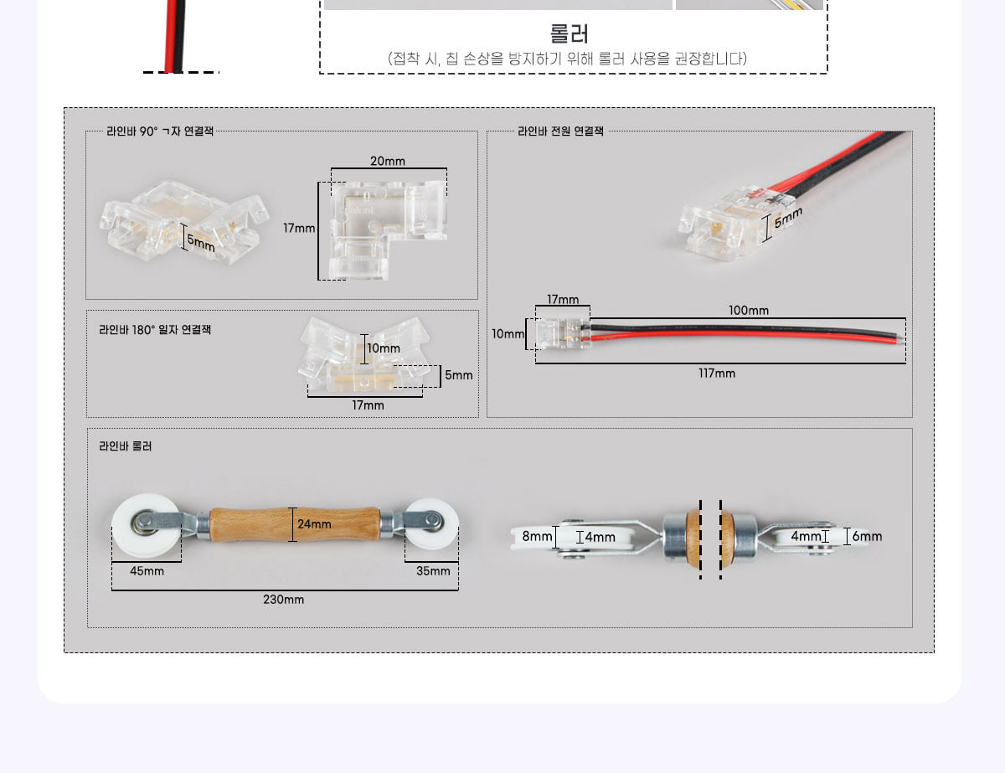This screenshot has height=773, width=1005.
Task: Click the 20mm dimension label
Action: coord(388,161)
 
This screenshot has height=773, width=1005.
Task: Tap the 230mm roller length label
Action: coord(284,599)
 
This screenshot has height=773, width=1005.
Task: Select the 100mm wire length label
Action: coord(749,310)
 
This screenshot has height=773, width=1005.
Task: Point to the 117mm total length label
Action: coord(717,373)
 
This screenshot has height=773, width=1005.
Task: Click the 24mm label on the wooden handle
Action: coord(314,523)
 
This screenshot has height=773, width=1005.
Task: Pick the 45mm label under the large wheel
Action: coord(147,571)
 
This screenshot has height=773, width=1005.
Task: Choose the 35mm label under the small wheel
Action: coord(433,571)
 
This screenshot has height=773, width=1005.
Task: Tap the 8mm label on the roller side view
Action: coord(537,536)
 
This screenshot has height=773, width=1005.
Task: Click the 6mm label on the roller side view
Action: coord(867,536)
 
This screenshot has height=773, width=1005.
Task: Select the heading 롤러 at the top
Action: coord(569,33)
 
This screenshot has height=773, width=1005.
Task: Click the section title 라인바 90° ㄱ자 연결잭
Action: coord(160,131)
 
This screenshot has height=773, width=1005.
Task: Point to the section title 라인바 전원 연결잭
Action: coord(560,131)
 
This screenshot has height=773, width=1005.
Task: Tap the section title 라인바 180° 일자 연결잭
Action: coord(155,330)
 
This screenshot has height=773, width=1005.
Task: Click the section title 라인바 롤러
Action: coord(126,446)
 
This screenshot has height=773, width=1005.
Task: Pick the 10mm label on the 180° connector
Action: coord(384,348)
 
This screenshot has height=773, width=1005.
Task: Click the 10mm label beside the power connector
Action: coord(508,333)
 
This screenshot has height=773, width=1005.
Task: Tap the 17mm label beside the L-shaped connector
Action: coord(299,228)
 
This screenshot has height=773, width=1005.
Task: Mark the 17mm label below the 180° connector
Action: coord(368,405)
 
